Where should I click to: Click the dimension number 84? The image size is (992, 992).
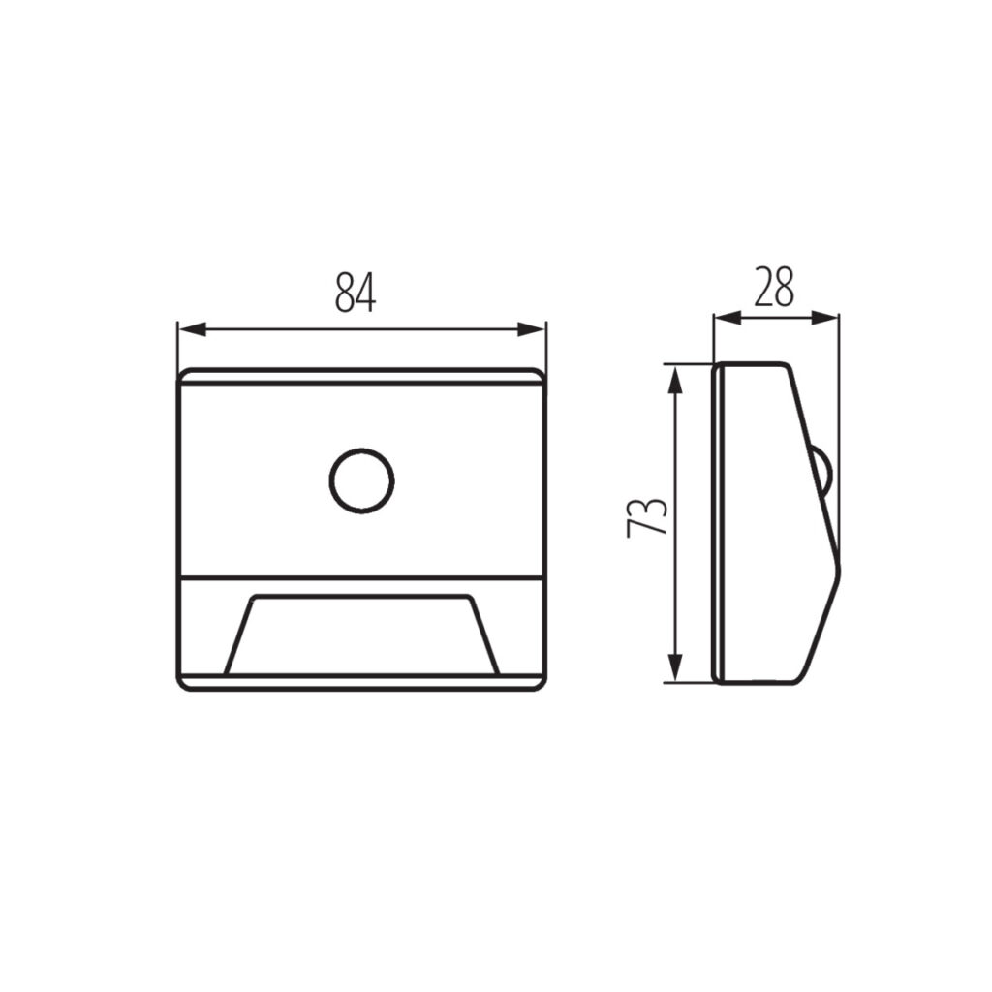[x=355, y=293]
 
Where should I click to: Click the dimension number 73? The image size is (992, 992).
[x=647, y=517]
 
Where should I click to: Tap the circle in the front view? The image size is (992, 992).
[x=362, y=480]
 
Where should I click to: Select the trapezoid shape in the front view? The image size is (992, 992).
[x=362, y=635]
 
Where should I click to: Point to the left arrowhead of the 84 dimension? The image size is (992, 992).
[x=193, y=329]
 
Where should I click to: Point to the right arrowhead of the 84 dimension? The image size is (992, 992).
[x=531, y=329]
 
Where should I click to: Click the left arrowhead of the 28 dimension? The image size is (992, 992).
[x=728, y=318]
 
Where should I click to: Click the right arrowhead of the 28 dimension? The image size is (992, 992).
[x=824, y=318]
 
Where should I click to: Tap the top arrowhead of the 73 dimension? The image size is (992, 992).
[x=675, y=379]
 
